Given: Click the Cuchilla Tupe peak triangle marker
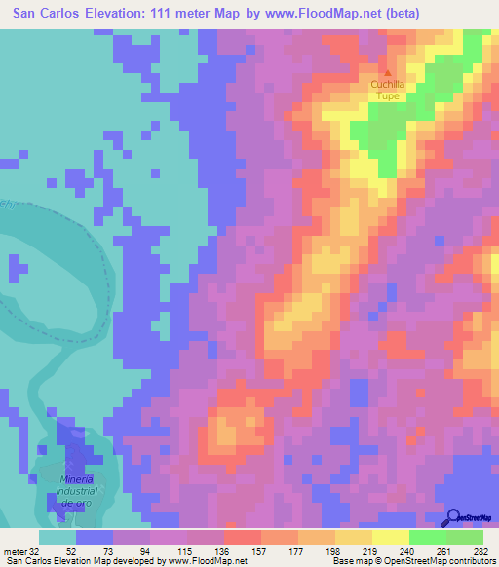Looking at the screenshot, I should pyautogui.click(x=387, y=73).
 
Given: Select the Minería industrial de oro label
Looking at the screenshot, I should pyautogui.click(x=76, y=492).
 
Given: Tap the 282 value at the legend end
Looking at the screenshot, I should pyautogui.click(x=481, y=548).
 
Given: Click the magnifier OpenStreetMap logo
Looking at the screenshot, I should pyautogui.click(x=454, y=517).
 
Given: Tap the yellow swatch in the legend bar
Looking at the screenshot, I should pyautogui.click(x=391, y=537).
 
